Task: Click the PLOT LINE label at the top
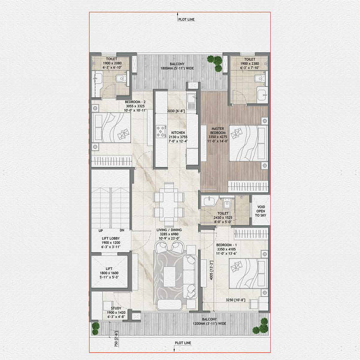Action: coord(186,19)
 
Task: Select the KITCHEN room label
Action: coord(178,132)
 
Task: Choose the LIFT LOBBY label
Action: coord(110,238)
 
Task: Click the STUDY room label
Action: coord(116,308)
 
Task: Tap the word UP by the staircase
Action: coord(101,230)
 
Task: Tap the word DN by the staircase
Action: coord(122,230)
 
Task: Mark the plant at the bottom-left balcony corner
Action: coord(96,328)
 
